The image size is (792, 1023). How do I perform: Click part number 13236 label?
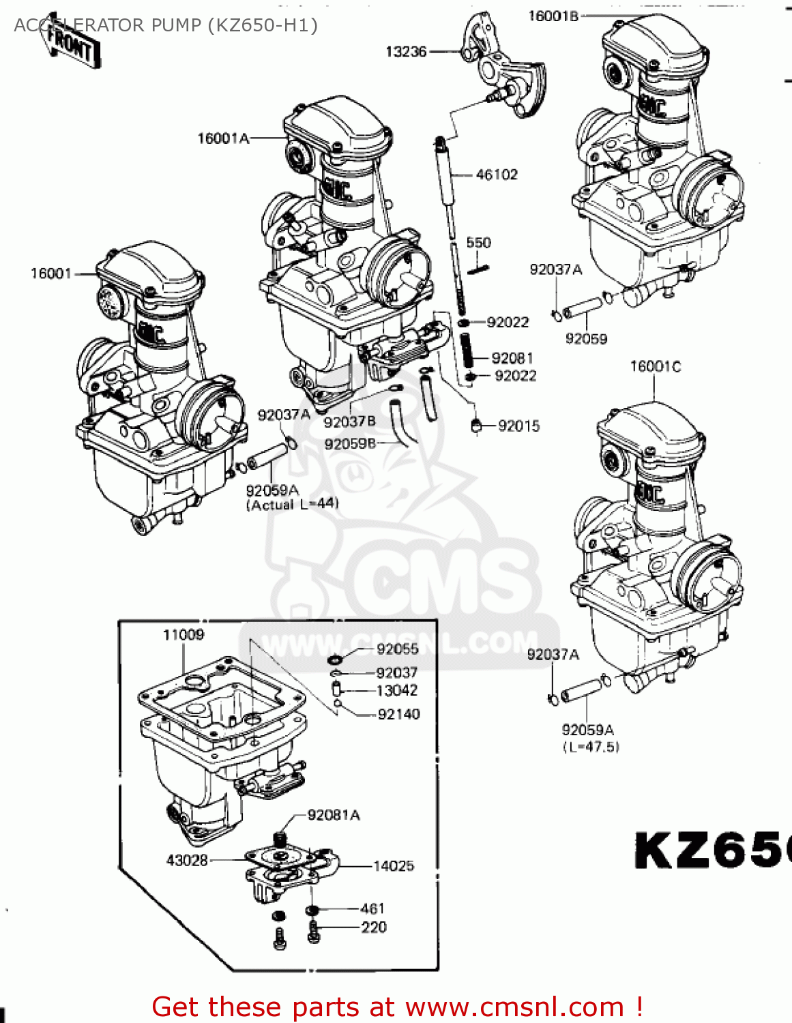tap(406, 52)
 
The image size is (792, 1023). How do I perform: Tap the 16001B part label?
tap(553, 16)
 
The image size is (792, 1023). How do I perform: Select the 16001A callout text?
tap(223, 138)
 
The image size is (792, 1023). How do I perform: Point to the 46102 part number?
tap(497, 175)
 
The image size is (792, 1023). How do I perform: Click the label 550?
tap(478, 243)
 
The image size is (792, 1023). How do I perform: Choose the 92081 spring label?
tap(512, 358)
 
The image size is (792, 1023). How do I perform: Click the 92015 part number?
tap(518, 426)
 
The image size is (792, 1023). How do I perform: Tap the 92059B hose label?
tap(350, 444)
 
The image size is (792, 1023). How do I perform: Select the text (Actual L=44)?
tap(292, 505)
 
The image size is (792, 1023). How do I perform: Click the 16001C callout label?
tap(655, 367)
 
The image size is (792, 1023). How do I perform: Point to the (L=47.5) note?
tap(591, 747)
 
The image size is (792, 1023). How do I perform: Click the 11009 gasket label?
tap(183, 635)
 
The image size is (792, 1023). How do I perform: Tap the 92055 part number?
tap(397, 649)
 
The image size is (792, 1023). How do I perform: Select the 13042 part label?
tap(396, 691)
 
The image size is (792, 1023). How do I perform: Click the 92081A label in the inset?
tap(334, 815)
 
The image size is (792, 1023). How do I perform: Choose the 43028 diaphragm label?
tap(187, 861)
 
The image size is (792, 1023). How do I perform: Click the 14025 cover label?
tap(393, 866)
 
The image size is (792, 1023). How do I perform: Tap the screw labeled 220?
tap(373, 928)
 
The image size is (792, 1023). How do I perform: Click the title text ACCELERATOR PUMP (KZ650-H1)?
tap(166, 25)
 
